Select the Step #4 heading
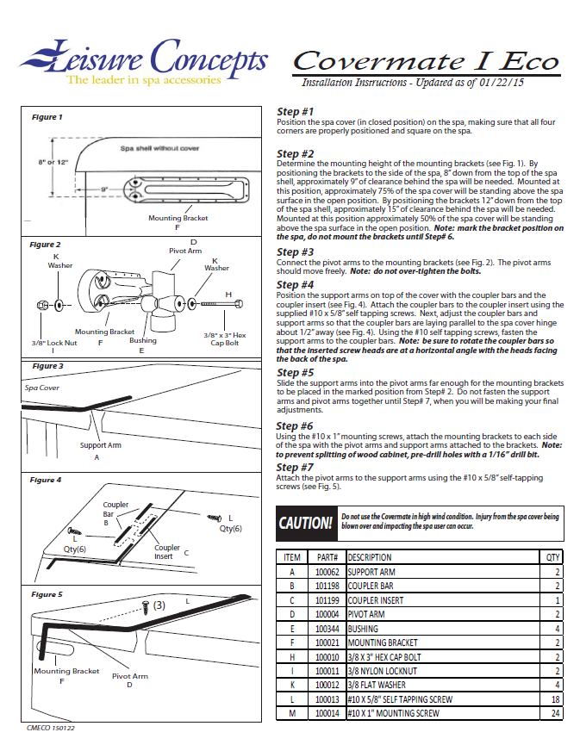(x=295, y=285)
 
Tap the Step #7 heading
(x=295, y=468)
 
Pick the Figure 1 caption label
(x=47, y=117)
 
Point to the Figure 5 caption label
(x=47, y=594)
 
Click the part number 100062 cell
(x=327, y=572)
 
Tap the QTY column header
(x=552, y=557)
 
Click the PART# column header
(x=327, y=557)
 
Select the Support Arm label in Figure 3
(x=100, y=445)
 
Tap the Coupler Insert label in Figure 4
(x=167, y=552)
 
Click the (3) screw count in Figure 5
(x=159, y=605)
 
